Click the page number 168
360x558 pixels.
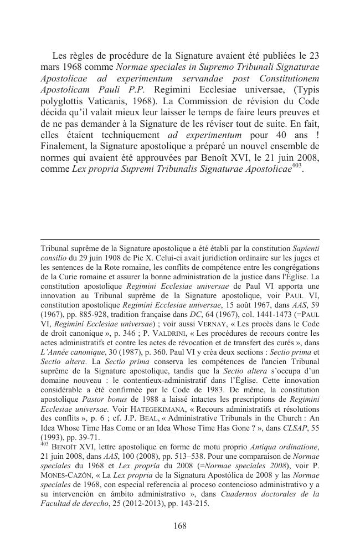(179, 526)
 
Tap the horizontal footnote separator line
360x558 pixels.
(179, 239)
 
